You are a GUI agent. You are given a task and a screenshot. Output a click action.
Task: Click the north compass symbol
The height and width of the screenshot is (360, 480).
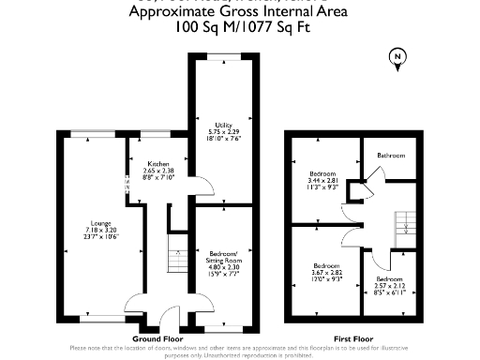397,60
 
